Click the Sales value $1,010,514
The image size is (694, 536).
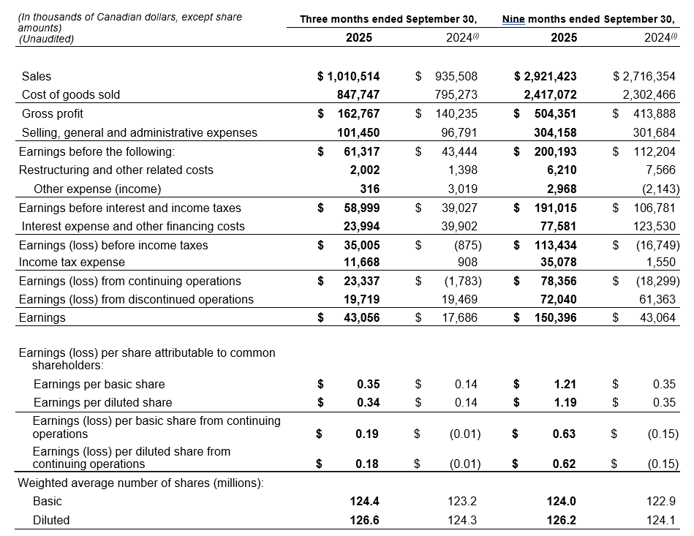click(349, 76)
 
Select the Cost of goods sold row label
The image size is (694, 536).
click(71, 94)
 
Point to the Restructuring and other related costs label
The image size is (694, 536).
click(116, 170)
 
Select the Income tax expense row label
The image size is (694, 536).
click(72, 262)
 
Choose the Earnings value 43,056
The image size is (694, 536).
click(361, 317)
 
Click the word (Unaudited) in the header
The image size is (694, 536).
click(45, 39)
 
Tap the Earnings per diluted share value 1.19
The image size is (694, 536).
click(565, 402)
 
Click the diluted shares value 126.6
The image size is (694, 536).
click(365, 520)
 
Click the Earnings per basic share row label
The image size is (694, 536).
click(99, 384)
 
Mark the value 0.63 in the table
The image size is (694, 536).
click(565, 434)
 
